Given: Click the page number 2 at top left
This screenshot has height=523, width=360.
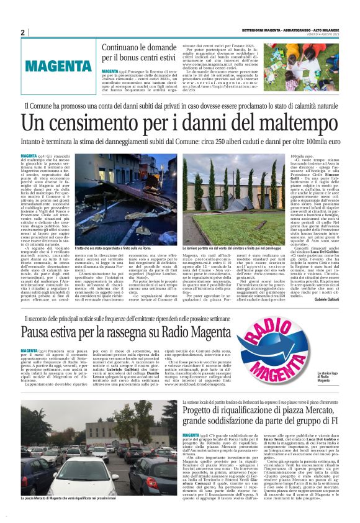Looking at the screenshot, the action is [22, 32].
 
